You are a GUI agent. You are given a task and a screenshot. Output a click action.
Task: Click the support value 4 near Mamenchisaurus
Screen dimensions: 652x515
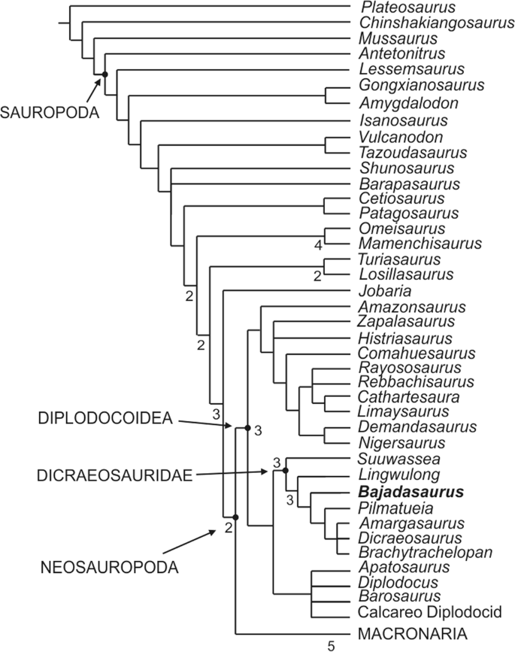318,245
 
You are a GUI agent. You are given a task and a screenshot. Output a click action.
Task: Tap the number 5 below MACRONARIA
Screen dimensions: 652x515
331,645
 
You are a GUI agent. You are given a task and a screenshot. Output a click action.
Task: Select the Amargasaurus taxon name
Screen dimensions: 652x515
407,523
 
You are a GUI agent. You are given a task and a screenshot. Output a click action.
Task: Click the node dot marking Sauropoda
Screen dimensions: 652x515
105,74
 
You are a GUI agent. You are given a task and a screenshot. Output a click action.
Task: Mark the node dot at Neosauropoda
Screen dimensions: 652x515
236,517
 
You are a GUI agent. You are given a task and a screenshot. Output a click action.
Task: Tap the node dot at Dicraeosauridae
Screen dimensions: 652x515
286,470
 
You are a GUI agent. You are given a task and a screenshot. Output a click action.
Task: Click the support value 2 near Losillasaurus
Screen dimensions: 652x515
318,276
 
